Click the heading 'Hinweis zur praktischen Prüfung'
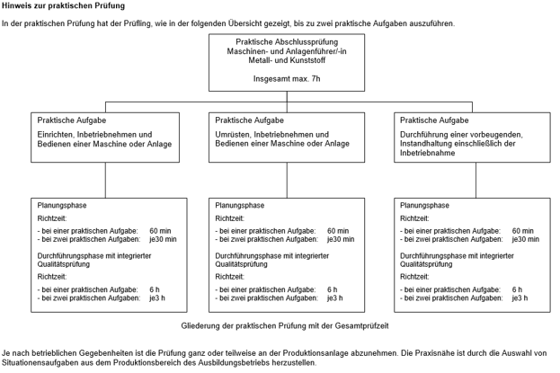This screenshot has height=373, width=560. point(63,5)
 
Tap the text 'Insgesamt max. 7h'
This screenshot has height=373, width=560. point(287,78)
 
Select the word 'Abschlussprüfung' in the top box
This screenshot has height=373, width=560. point(307,42)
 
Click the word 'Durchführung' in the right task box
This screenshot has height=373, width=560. point(422,135)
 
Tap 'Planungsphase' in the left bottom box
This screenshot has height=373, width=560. point(62,206)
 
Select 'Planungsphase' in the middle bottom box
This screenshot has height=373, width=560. point(240,206)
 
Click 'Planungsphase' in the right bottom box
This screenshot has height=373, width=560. point(424,206)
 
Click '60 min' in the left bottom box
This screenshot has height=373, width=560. point(160,231)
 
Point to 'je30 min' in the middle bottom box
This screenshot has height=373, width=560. point(341,239)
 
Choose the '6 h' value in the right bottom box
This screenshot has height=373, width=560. point(517,289)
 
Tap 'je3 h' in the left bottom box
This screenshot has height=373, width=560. point(157,298)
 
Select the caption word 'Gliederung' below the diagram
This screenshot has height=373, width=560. point(200,326)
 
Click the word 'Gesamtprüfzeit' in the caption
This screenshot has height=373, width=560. point(361,326)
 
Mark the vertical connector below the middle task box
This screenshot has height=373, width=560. point(287,181)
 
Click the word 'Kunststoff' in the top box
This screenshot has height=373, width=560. point(307,60)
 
